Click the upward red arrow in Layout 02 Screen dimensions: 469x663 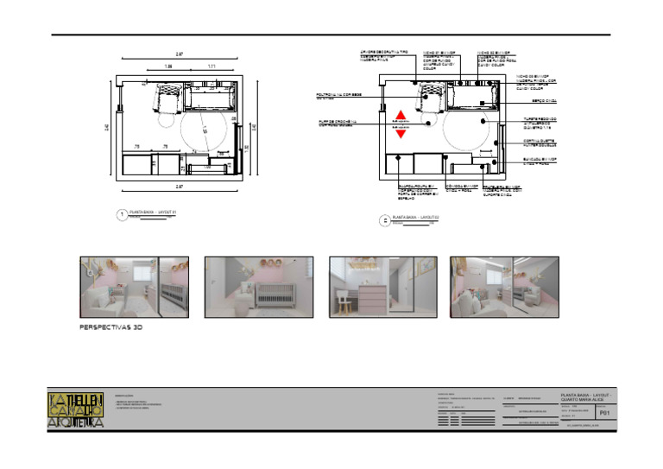(400, 115)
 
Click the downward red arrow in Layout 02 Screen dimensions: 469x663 (400, 134)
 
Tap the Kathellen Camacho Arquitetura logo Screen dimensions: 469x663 (76, 410)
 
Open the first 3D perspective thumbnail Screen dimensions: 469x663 (134, 288)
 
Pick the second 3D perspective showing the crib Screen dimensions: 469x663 (258, 288)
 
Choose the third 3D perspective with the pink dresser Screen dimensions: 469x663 (382, 288)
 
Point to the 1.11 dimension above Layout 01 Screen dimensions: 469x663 (211, 67)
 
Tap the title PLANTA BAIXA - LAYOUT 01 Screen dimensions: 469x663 (152, 212)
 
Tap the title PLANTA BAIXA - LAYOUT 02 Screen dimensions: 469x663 (416, 217)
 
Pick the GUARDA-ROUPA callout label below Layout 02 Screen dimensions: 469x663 (417, 193)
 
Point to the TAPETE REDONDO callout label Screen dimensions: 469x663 (540, 124)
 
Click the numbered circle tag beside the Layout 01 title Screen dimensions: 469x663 (122, 215)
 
